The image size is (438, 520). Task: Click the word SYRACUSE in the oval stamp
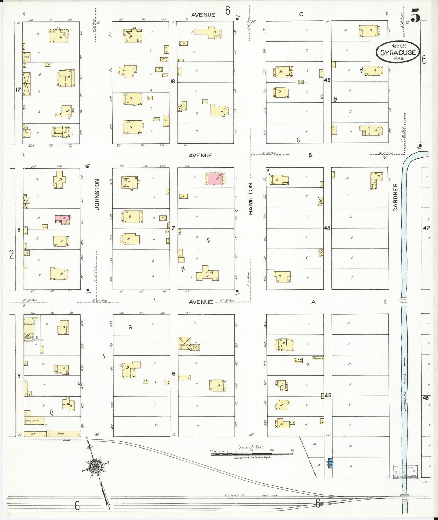pos(398,52)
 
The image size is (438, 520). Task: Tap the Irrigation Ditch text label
pos(405,391)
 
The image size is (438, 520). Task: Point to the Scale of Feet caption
pos(251,447)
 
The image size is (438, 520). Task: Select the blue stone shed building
pos(330,463)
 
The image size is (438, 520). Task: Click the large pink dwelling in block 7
pos(216,179)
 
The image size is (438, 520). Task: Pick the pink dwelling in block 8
pos(62,219)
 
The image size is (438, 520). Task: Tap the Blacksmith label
pos(29,324)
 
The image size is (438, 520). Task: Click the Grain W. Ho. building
pos(34,420)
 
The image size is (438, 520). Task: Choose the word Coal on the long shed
pos(33,434)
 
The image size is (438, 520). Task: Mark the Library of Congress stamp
pos(405,472)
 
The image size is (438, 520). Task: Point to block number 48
pos(327,228)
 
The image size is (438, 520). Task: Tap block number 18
pos(172,81)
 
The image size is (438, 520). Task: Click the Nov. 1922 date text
pos(399,46)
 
